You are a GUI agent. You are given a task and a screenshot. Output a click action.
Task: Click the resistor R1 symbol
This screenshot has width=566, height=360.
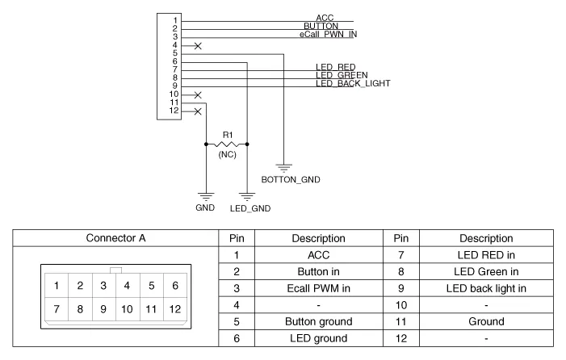click(227, 144)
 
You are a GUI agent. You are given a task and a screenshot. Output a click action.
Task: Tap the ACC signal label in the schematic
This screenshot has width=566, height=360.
click(325, 18)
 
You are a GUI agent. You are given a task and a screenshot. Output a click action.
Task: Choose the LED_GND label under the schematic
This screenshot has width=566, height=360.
click(249, 208)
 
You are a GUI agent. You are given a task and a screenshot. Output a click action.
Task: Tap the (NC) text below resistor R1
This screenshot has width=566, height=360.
click(227, 154)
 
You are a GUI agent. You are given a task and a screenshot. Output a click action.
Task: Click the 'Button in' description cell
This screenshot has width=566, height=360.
click(322, 272)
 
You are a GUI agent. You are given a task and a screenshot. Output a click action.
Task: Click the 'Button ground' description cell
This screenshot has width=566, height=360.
click(322, 322)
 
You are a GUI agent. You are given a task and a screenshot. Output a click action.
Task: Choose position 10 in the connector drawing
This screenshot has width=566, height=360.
click(127, 308)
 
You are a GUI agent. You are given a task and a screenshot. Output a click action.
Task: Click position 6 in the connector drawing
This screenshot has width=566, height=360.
click(174, 284)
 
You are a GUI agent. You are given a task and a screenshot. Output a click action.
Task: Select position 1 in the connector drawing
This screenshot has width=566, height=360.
click(56, 284)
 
